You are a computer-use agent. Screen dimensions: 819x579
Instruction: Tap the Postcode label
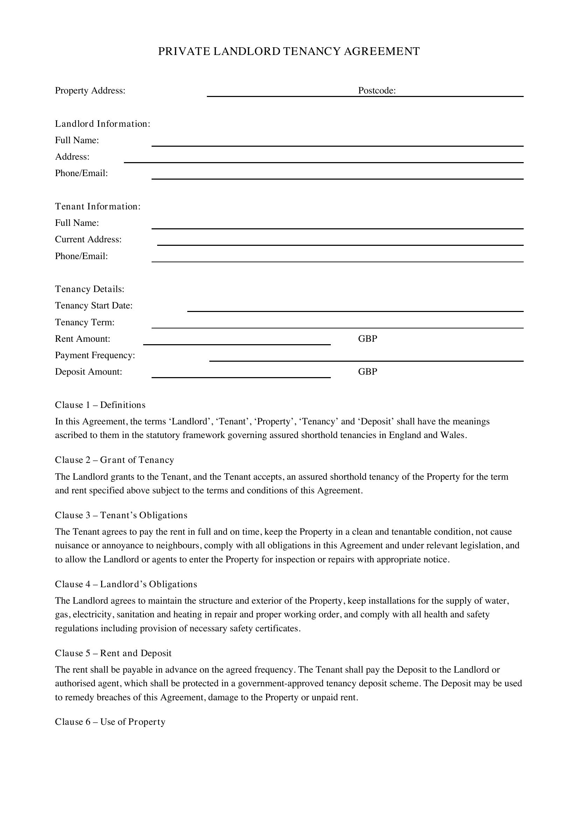tap(377, 91)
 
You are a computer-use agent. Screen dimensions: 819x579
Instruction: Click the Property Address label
tap(90, 91)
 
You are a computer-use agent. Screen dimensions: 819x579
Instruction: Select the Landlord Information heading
tap(102, 124)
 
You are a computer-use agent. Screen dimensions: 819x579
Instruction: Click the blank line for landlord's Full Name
tap(337, 145)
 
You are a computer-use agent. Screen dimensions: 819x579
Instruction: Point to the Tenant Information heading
tap(98, 207)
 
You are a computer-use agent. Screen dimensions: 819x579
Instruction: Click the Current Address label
tap(88, 240)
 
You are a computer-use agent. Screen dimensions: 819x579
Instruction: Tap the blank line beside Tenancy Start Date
tap(355, 310)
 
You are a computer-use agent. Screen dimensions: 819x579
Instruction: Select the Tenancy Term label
tap(84, 322)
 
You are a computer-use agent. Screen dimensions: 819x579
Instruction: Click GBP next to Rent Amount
tap(367, 339)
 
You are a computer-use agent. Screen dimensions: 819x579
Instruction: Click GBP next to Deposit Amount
tap(367, 372)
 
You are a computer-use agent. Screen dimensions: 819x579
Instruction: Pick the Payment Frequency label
tap(95, 355)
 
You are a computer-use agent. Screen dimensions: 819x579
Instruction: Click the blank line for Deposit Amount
tap(240, 376)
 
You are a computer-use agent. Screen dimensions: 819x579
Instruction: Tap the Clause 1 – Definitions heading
tap(100, 405)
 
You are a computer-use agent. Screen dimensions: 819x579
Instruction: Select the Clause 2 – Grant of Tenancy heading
tap(114, 460)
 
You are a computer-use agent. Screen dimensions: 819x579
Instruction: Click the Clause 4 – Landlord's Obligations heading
tap(126, 584)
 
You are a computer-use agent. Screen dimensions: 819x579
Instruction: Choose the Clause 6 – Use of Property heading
tap(110, 722)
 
